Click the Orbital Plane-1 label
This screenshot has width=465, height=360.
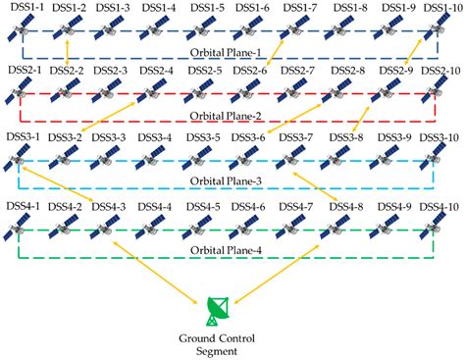(x=232, y=52)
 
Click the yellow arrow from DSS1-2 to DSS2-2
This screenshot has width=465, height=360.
(x=66, y=52)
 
